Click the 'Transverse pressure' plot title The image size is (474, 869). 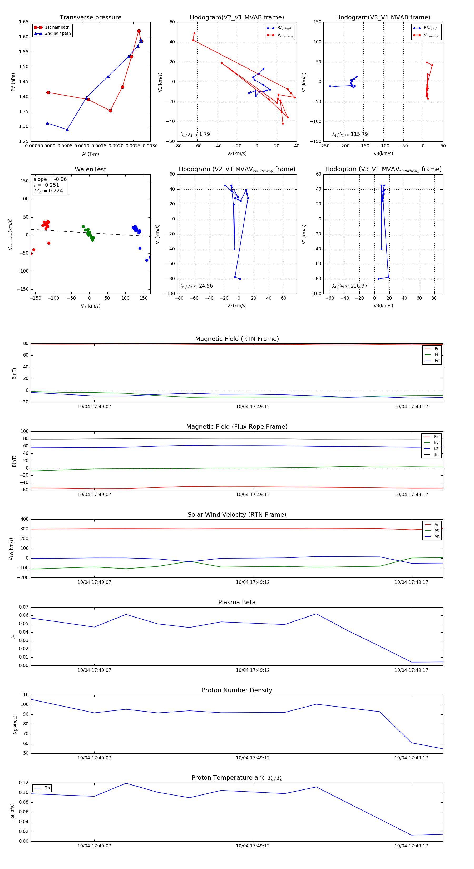(x=90, y=18)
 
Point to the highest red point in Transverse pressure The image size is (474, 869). (x=139, y=31)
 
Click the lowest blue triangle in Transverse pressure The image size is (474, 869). (x=67, y=130)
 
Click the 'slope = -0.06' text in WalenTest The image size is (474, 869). (x=50, y=179)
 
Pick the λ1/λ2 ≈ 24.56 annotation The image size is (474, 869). (x=197, y=286)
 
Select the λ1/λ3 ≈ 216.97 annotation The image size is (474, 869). (x=350, y=286)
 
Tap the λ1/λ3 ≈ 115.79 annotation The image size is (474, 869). (x=350, y=134)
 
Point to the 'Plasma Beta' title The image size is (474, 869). (x=237, y=602)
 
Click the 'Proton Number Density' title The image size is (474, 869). (x=237, y=690)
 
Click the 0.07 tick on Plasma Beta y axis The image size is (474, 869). (x=24, y=607)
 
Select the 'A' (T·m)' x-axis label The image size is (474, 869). (x=90, y=154)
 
